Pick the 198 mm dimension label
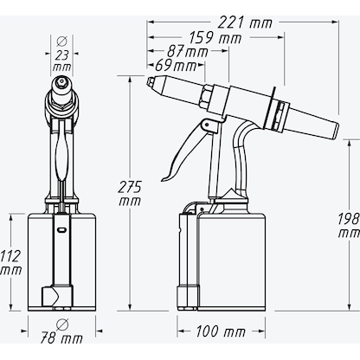(x=348, y=225)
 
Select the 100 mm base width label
(x=220, y=331)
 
